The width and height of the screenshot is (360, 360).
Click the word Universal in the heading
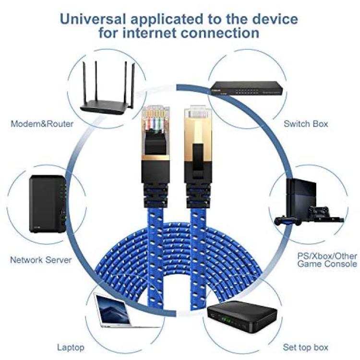click(x=93, y=19)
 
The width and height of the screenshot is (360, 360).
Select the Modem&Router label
click(x=42, y=124)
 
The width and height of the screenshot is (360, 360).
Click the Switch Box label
click(x=306, y=124)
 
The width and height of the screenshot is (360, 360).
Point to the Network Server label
click(x=41, y=260)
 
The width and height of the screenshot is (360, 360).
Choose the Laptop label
click(x=71, y=348)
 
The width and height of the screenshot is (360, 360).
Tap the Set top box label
click(x=305, y=347)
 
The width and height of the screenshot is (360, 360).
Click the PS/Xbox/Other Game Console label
click(x=327, y=260)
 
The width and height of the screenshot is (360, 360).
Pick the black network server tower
click(x=48, y=204)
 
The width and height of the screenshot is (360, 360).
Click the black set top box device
click(x=242, y=317)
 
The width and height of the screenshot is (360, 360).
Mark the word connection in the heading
click(x=220, y=33)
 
